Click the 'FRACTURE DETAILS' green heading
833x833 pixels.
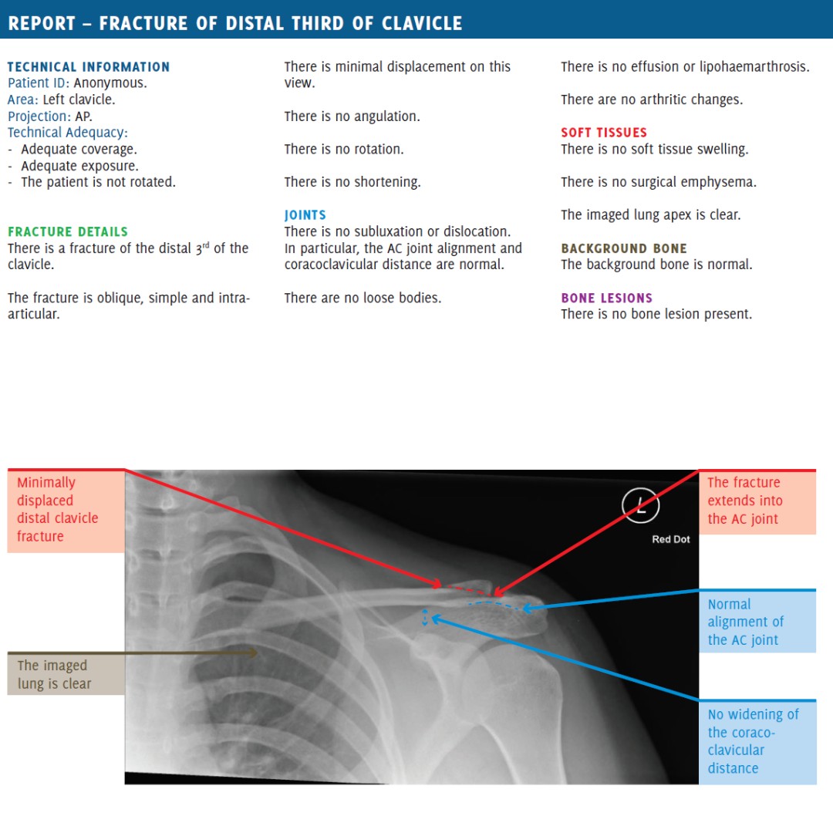[x=68, y=231]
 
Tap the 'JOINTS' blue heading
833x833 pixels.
[x=305, y=215]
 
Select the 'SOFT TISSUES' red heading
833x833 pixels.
[x=604, y=133]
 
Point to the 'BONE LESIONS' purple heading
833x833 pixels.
[x=606, y=298]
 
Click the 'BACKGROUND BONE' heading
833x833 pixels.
[x=624, y=248]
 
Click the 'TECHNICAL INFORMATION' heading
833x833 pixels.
[x=89, y=67]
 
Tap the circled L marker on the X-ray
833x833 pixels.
[x=640, y=507]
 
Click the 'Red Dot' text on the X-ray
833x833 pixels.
[x=671, y=539]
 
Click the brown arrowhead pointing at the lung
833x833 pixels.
[x=251, y=653]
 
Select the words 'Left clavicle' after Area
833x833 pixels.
[x=78, y=100]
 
